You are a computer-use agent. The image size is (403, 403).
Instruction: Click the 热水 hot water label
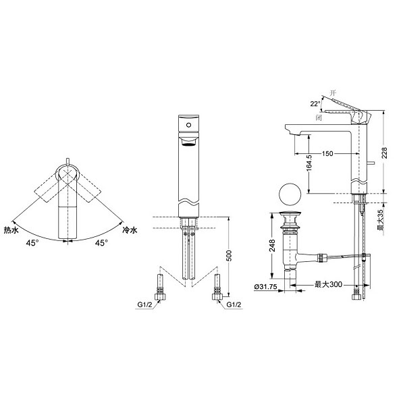point(11,230)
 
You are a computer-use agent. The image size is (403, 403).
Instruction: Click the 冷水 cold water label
point(130,230)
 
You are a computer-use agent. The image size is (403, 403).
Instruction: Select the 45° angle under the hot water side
point(32,243)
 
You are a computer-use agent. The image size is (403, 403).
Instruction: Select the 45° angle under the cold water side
point(101,243)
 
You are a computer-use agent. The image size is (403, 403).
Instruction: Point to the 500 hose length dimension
point(229,255)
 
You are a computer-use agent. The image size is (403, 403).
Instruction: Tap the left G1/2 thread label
point(144,304)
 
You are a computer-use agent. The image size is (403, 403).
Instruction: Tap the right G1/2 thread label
point(234,304)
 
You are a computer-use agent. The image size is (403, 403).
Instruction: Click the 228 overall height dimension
point(384,153)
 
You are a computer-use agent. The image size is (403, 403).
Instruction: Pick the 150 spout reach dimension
point(327,154)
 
